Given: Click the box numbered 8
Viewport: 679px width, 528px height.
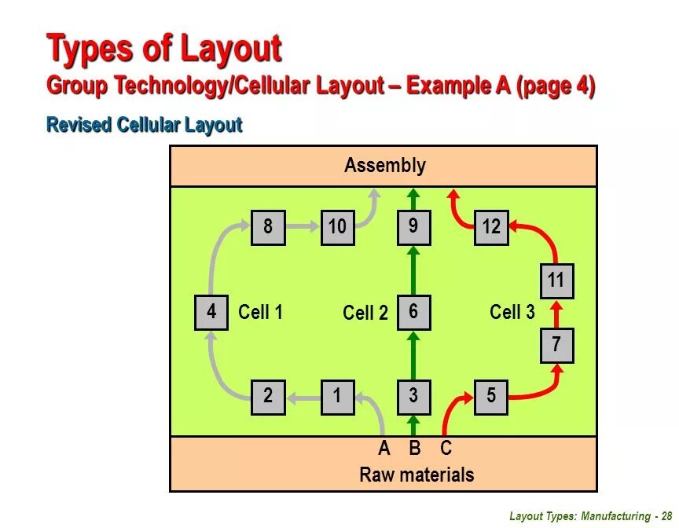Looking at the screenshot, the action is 268,228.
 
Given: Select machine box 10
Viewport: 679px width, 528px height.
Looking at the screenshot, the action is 337,228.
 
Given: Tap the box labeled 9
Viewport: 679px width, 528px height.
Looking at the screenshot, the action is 413,228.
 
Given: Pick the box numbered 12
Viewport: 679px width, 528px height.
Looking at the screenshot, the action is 491,228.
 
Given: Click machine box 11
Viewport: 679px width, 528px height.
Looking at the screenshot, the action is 556,281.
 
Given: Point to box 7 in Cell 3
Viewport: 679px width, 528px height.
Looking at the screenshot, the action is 556,345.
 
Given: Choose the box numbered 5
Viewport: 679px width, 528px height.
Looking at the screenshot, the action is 491,397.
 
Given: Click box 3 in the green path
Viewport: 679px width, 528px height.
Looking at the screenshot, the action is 413,397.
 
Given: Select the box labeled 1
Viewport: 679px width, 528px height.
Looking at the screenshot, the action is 337,397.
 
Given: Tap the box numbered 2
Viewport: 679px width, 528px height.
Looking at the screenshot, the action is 268,397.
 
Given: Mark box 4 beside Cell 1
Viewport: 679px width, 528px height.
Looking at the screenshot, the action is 211,313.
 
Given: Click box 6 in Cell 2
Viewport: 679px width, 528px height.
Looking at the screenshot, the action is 413,313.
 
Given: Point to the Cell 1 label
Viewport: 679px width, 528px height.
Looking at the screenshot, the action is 260,313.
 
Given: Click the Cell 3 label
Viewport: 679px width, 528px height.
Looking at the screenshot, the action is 512,313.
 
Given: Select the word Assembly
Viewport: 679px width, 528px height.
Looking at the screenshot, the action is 384,166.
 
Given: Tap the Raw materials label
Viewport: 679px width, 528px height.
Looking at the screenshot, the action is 417,475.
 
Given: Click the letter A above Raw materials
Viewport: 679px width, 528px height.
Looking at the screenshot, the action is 384,449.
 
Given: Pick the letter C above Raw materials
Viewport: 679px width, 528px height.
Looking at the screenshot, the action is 446,449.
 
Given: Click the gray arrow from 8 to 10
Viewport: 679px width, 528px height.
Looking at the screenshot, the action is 303,227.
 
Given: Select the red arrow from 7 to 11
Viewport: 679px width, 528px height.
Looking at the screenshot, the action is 556,313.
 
